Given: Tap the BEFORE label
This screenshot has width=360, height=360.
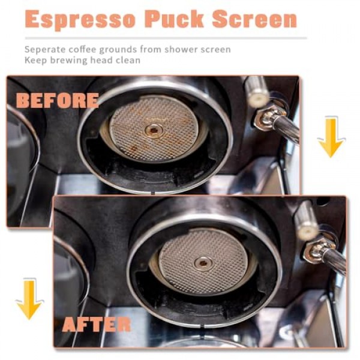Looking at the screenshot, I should coord(58,100).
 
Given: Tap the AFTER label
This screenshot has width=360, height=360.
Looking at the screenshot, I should coord(96,325).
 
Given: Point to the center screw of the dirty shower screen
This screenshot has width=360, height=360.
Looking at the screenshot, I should coord(154,128).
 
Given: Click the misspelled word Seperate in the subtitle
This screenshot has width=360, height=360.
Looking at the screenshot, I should coord(45,49).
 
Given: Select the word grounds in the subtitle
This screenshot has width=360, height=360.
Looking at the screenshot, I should coord(119,49).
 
